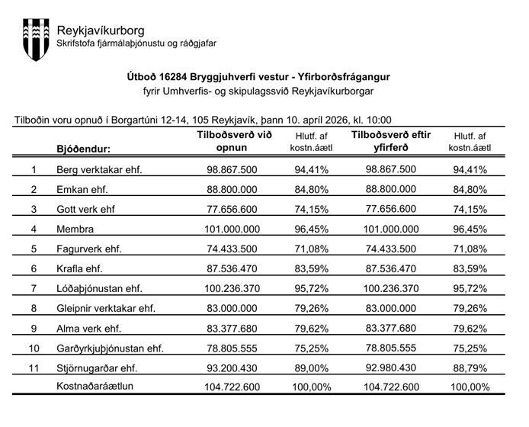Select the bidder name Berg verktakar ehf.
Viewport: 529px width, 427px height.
tap(99, 169)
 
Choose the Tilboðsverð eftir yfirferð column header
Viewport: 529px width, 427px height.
tap(391, 142)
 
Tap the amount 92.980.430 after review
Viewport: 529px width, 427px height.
tap(391, 368)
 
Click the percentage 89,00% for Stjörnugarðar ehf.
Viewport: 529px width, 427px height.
tap(313, 368)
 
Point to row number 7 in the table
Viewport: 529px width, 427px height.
tap(34, 288)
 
